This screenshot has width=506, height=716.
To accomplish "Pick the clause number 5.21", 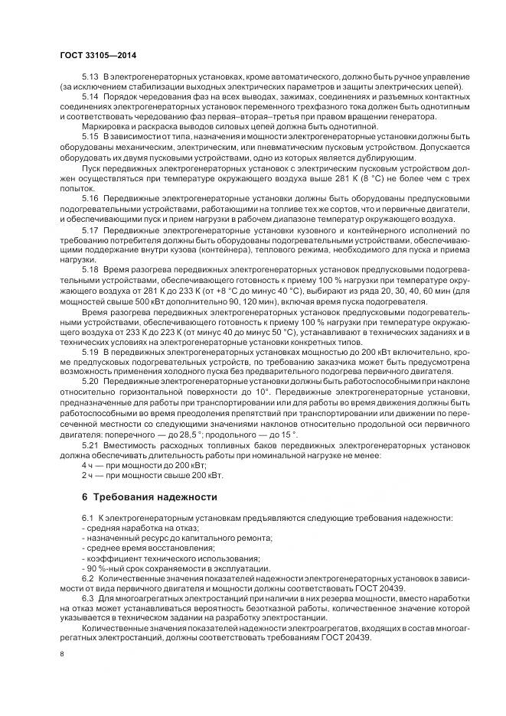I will pos(90,442).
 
